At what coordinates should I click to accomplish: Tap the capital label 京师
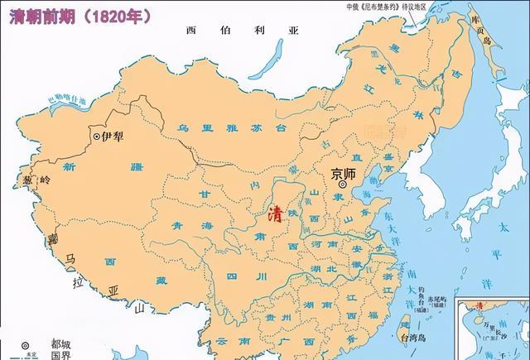point(346,175)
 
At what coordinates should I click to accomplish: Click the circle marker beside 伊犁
point(97,136)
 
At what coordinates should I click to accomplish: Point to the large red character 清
point(275,214)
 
